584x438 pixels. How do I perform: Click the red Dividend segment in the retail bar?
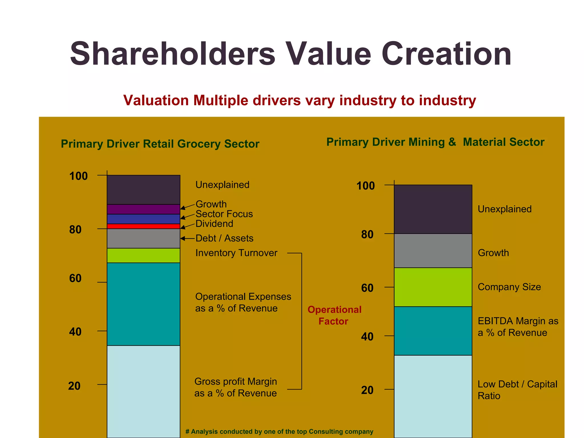143,226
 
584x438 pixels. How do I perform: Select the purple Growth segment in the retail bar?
143,209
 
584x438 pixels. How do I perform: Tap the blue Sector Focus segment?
143,219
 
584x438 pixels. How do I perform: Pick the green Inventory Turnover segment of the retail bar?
143,255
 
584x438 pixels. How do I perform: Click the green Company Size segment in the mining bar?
433,287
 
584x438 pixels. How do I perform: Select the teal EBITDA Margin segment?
433,331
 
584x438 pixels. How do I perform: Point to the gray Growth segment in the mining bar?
433,250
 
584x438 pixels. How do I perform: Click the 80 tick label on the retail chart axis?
75,230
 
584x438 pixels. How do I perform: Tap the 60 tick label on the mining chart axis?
367,288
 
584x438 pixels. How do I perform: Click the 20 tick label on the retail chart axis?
74,386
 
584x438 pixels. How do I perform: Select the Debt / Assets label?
224,238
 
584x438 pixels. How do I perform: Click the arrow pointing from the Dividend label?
187,226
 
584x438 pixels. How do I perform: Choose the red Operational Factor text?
334,315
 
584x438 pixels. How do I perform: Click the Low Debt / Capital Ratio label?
517,390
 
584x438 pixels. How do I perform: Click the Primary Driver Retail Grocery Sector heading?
160,144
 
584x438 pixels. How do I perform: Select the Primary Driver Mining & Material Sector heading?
435,142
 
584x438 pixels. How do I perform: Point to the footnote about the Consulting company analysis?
279,431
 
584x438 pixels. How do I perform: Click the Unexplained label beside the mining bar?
504,209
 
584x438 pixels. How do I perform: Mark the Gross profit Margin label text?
236,387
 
